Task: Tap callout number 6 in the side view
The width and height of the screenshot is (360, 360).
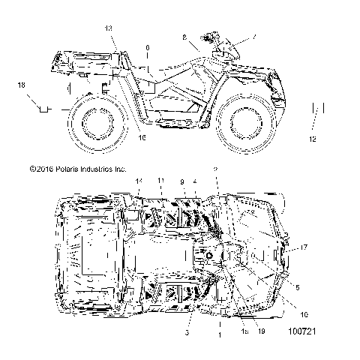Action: [148, 48]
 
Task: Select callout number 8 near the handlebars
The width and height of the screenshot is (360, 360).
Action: [184, 36]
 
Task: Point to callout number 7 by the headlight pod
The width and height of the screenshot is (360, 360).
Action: [232, 35]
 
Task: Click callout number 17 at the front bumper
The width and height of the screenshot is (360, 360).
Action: [304, 247]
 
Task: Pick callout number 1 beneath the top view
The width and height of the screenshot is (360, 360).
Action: [219, 337]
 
